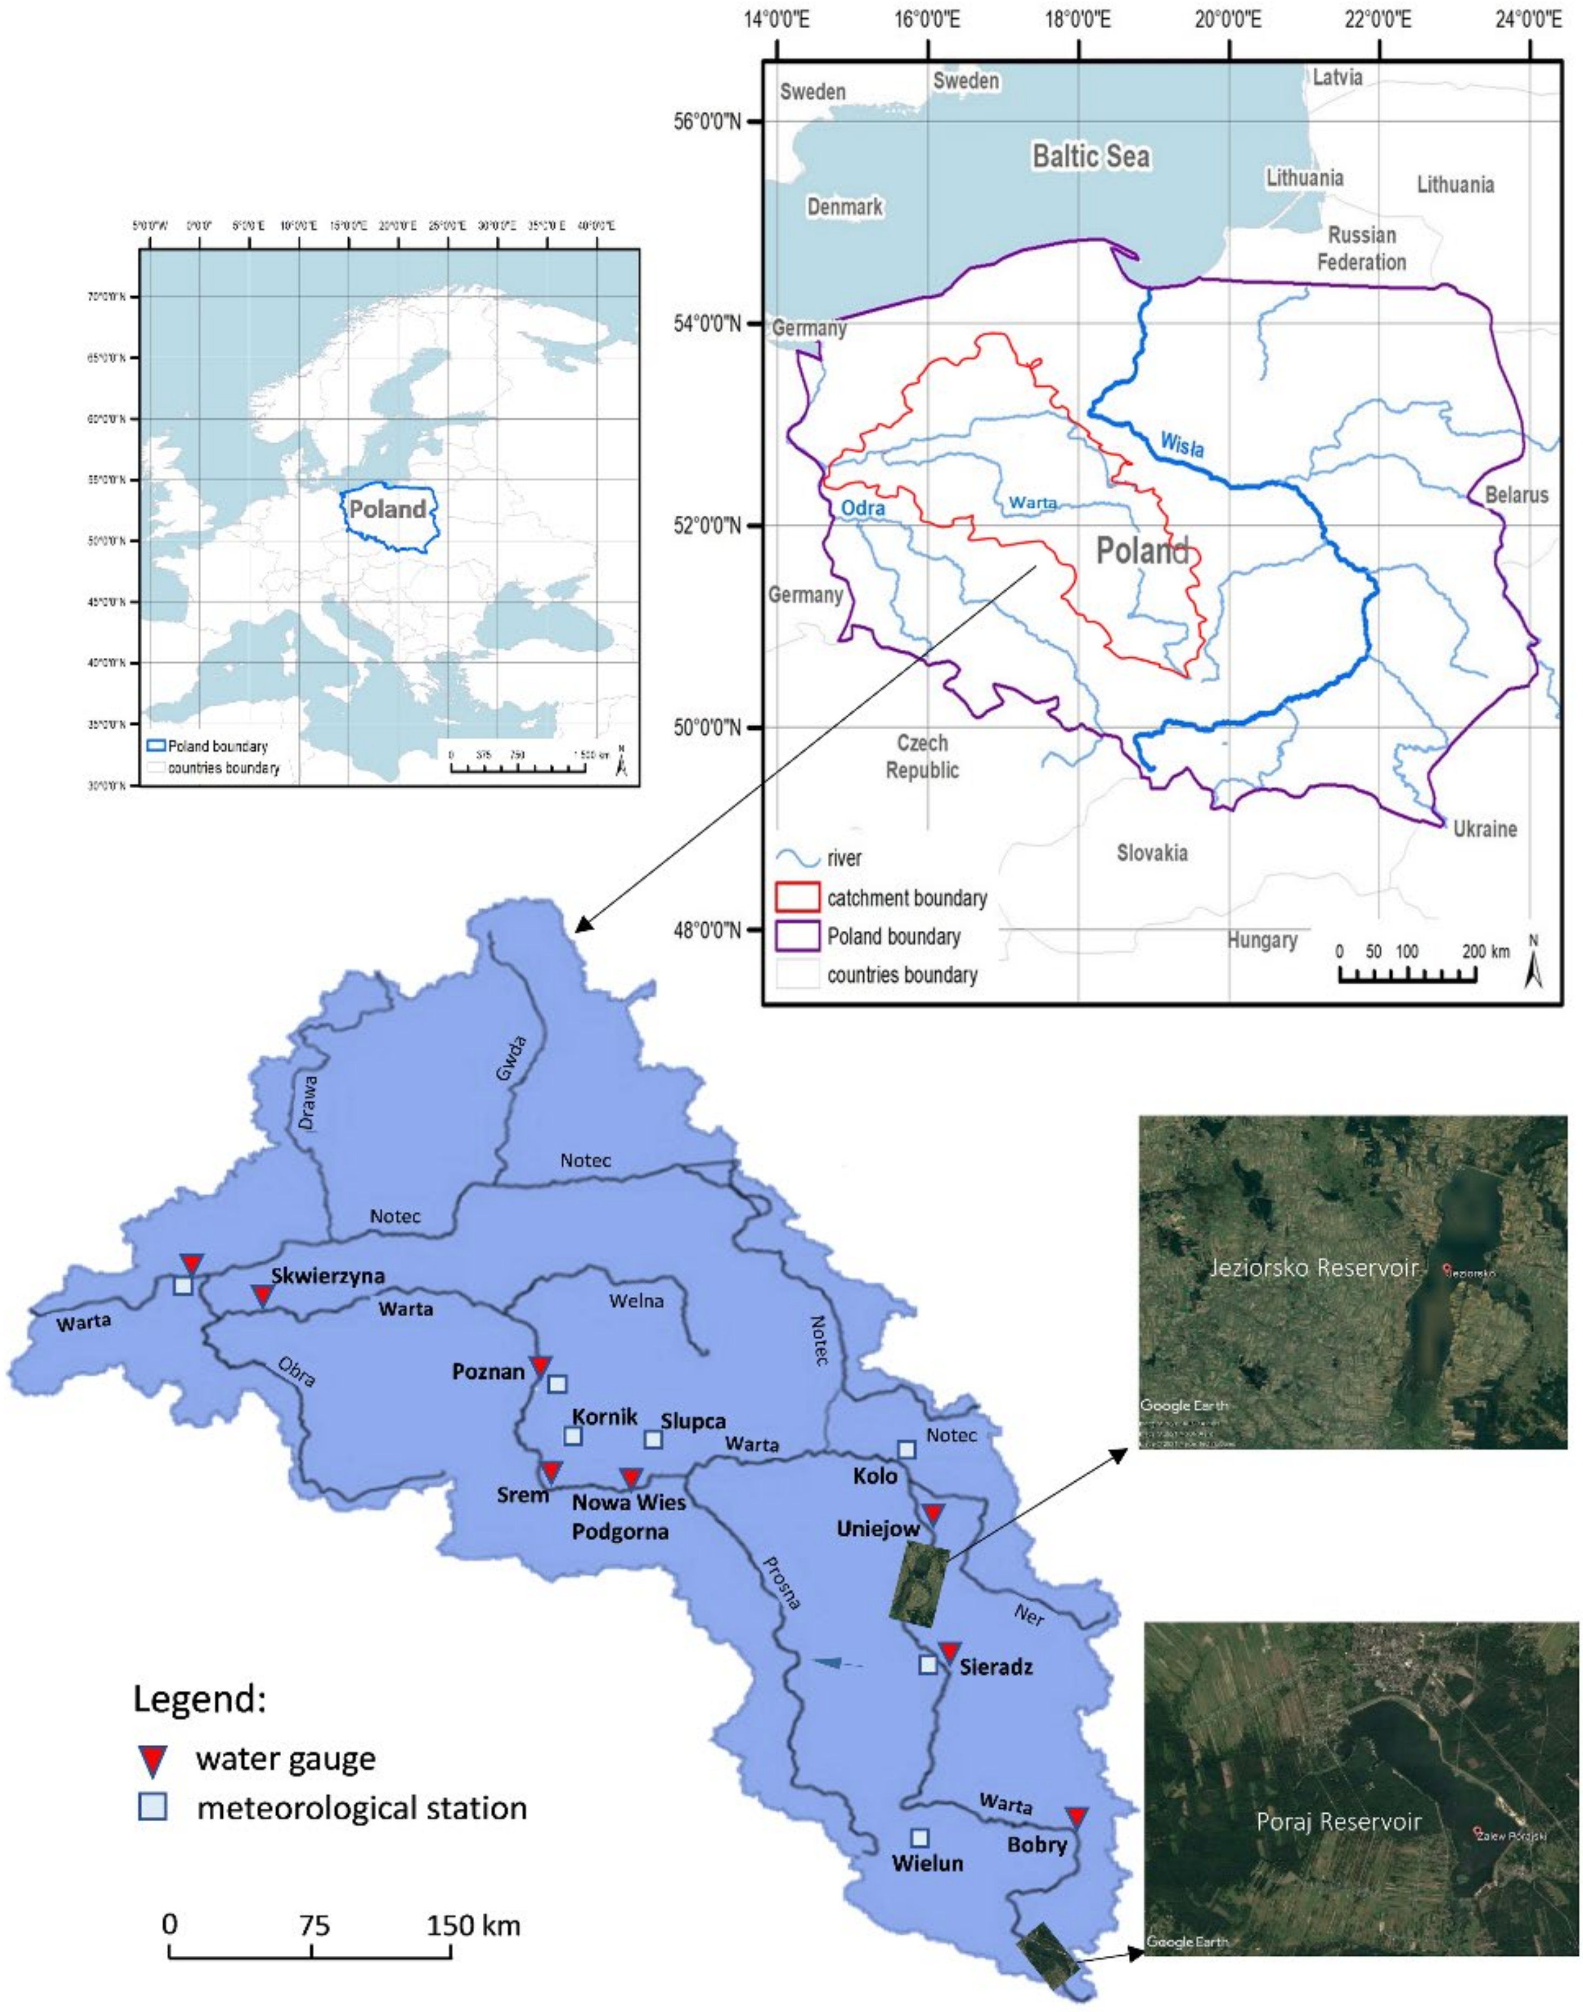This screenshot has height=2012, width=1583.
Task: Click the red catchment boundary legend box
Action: coord(797,897)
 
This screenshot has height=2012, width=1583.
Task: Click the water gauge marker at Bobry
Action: coord(1076,1816)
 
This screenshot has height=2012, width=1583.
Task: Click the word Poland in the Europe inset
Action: coord(388,509)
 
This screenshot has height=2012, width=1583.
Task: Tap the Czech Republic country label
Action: coord(922,756)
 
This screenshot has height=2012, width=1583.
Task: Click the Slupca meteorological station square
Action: coord(654,1439)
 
